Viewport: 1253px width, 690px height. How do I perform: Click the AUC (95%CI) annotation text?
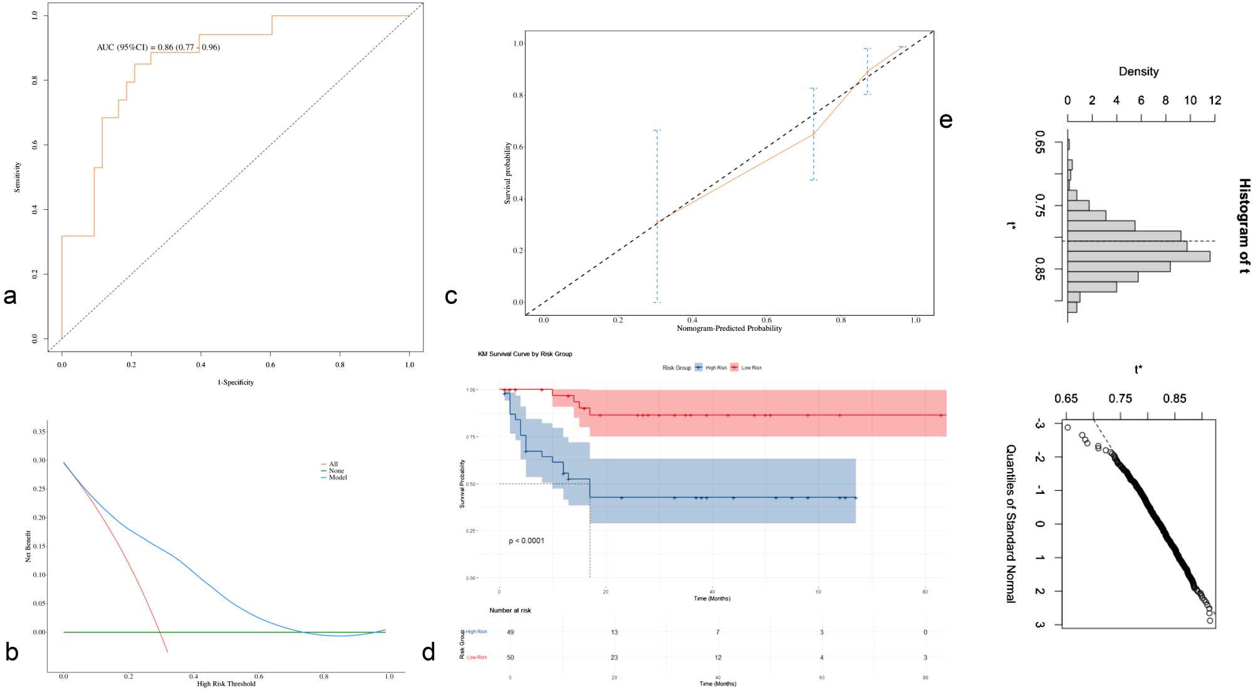(158, 47)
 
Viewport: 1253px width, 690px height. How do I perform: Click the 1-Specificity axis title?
(236, 382)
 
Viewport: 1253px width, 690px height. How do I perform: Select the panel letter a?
(10, 296)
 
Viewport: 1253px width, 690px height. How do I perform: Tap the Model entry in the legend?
(338, 478)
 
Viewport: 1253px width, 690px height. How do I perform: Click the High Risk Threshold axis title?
(226, 684)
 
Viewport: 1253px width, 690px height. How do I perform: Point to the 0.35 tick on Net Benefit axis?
(39, 432)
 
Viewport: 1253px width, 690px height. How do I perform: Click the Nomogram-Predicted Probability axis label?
(729, 328)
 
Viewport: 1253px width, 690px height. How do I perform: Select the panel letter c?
(450, 296)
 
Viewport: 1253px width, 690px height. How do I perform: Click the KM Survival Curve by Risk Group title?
(525, 354)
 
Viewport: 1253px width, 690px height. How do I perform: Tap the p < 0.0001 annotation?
(526, 541)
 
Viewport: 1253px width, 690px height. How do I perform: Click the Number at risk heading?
(510, 610)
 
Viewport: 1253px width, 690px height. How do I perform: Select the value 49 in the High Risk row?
(511, 632)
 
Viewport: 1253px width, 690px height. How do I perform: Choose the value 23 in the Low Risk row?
(614, 657)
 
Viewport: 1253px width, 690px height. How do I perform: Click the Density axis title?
(1138, 72)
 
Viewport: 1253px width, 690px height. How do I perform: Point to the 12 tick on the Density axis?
(1215, 101)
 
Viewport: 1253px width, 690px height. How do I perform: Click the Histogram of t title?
(1244, 226)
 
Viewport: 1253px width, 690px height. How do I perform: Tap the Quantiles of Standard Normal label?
(1011, 524)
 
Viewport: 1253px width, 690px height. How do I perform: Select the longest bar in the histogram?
(1138, 256)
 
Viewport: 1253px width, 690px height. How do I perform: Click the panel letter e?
(946, 120)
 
